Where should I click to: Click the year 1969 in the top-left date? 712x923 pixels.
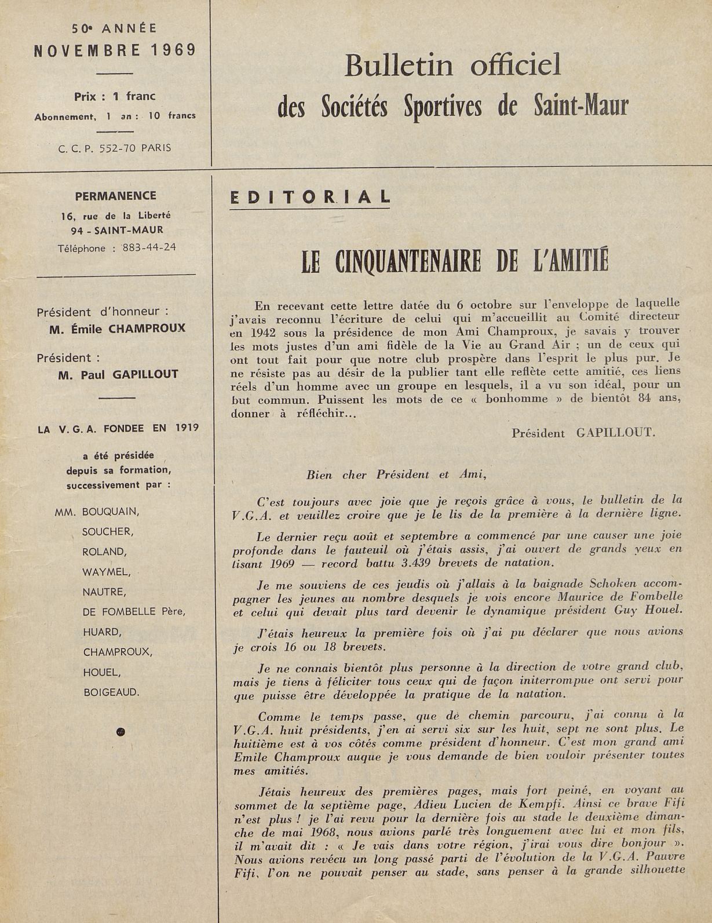(x=174, y=50)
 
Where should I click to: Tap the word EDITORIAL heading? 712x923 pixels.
(x=310, y=198)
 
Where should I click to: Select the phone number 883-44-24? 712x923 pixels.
(x=149, y=248)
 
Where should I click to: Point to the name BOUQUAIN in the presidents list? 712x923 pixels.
(x=111, y=512)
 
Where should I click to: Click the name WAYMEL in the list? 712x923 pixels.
(x=106, y=572)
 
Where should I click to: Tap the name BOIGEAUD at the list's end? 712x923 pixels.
(x=112, y=692)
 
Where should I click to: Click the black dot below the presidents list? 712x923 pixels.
(x=121, y=731)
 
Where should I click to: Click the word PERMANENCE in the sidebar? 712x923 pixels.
(x=115, y=196)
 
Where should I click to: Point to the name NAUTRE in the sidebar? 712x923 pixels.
(x=104, y=592)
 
